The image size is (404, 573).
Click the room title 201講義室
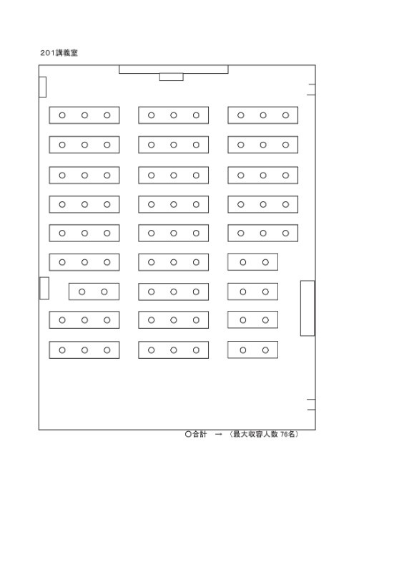[x=59, y=53]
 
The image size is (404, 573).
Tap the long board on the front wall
[x=174, y=69]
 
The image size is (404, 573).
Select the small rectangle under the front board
[x=171, y=77]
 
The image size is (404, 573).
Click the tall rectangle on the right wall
[x=307, y=308]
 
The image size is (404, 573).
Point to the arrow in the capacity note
[x=219, y=435]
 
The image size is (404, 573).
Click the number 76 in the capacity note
[x=284, y=434]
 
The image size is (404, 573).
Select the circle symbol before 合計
[x=188, y=434]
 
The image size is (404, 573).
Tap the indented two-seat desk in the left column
[x=94, y=292]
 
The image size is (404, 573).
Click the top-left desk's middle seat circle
[x=84, y=115]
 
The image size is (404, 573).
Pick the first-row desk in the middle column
[x=173, y=115]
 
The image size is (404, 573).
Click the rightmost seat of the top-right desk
[x=285, y=115]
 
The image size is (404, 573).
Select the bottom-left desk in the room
[x=84, y=350]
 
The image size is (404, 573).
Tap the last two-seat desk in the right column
[x=252, y=350]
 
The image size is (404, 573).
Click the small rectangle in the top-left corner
[x=43, y=87]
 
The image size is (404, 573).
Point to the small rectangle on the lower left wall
[x=44, y=289]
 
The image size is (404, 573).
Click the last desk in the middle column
[x=173, y=350]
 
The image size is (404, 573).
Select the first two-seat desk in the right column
[x=252, y=262]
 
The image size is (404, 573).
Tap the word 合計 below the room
[x=199, y=434]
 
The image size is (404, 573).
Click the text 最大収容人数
[x=255, y=434]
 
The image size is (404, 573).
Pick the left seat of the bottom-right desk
[x=243, y=350]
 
